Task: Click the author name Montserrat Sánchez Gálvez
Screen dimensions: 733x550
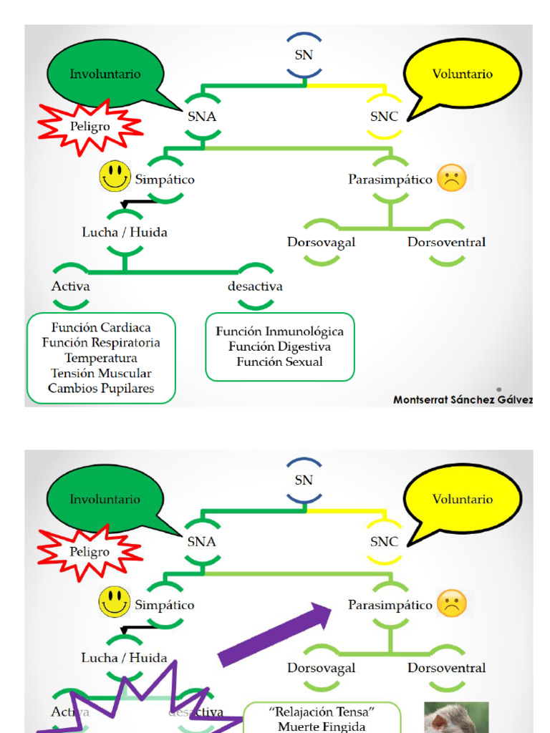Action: click(463, 400)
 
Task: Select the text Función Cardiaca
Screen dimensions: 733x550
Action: click(101, 327)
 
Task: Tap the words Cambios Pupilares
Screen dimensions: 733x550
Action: click(101, 389)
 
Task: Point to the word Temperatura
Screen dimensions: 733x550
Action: click(101, 358)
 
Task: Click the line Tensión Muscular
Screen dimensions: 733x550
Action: click(101, 373)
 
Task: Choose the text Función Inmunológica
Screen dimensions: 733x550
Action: click(279, 331)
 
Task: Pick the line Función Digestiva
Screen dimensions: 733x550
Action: click(279, 346)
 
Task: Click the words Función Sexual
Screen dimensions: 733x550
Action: click(279, 361)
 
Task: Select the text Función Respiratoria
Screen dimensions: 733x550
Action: click(101, 342)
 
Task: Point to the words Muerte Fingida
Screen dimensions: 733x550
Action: click(322, 727)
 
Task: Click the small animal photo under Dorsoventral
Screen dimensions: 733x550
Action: click(456, 717)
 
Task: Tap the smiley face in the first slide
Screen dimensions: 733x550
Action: click(115, 176)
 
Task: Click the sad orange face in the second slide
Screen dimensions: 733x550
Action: click(452, 603)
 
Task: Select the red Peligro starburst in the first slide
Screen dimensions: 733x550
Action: click(90, 127)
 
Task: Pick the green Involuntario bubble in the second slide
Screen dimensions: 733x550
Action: click(105, 499)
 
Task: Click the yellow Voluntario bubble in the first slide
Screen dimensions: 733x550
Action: click(462, 74)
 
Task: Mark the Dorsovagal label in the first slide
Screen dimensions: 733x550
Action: click(321, 242)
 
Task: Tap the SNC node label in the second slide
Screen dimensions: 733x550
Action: click(384, 542)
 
